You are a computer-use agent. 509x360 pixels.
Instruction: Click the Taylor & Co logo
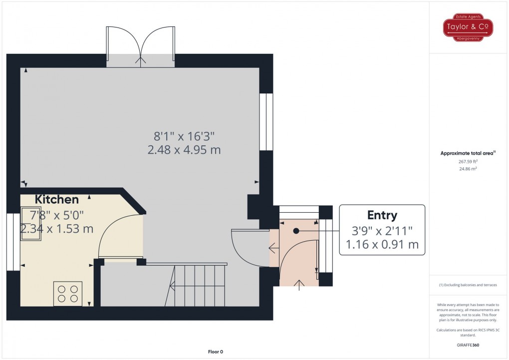coord(468,28)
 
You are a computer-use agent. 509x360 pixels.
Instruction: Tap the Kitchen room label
coord(57,200)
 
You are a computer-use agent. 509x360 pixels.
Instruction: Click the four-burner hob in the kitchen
coord(68,294)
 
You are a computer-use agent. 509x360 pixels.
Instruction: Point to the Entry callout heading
coord(382,215)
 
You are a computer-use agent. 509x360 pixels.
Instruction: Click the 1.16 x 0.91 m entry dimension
coord(382,245)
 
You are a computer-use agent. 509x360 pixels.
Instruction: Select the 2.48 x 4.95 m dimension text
coord(184,149)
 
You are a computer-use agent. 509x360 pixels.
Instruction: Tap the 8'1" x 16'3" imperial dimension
coord(184,135)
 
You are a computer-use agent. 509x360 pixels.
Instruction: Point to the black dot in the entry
coord(296,231)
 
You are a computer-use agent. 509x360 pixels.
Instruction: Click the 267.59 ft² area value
coord(469,161)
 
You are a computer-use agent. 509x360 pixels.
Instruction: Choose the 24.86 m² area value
coord(469,169)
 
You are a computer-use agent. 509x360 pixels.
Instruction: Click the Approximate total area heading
coord(468,153)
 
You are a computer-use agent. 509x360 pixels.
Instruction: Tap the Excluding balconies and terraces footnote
coord(468,285)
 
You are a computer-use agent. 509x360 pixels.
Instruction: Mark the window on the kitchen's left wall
coord(9,242)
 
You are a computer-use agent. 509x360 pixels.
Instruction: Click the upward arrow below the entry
coord(299,285)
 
